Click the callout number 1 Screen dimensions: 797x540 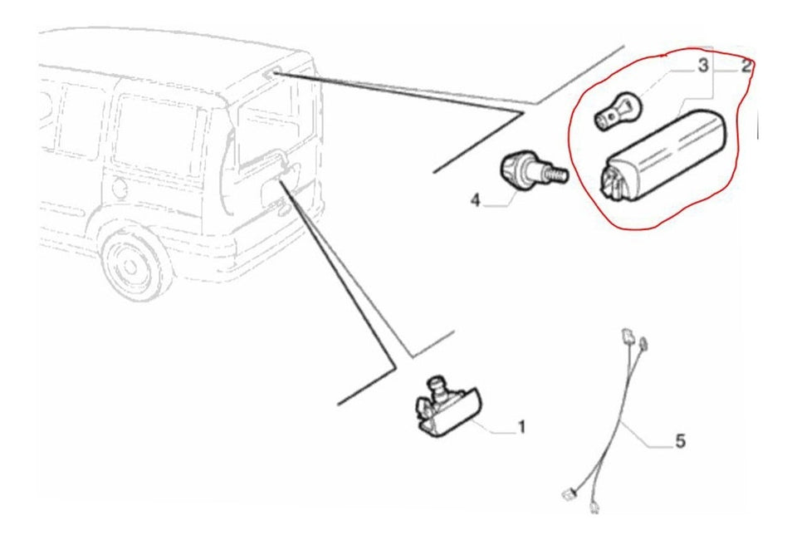pos(521,426)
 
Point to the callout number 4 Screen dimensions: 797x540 pos(475,200)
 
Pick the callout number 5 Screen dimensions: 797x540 pos(680,440)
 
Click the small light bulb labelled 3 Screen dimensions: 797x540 pos(619,110)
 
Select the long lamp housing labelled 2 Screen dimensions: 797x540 pos(663,157)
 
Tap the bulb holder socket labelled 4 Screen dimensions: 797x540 pos(534,172)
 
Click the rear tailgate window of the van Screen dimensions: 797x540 pos(275,131)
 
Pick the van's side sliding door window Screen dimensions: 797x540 pos(159,136)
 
